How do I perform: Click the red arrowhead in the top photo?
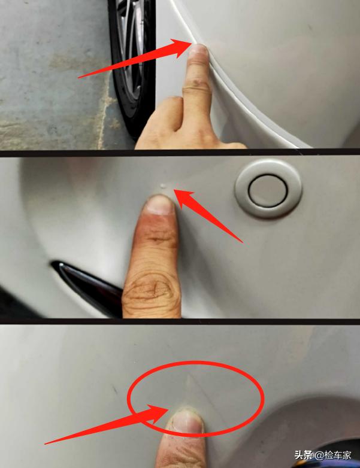(179, 47)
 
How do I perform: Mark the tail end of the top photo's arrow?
(78, 77)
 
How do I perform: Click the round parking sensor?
(268, 189)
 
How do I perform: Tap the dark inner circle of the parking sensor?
(268, 190)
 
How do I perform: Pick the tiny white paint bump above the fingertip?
(163, 186)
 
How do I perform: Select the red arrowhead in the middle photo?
(184, 199)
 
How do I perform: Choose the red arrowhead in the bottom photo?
(155, 413)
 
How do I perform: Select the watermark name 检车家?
(338, 455)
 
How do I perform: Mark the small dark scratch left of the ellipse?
(115, 389)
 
